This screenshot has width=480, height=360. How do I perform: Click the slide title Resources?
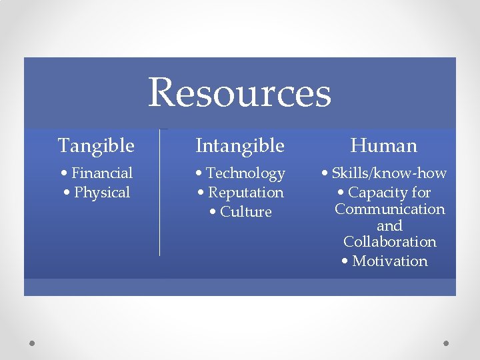click(x=239, y=93)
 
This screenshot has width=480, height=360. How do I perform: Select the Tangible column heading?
click(x=96, y=145)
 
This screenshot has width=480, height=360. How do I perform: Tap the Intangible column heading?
click(x=240, y=145)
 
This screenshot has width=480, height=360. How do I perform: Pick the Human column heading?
click(x=384, y=145)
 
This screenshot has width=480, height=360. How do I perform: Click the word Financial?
click(x=102, y=173)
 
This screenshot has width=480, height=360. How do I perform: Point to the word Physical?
click(x=102, y=193)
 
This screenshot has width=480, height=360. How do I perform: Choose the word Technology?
click(x=245, y=173)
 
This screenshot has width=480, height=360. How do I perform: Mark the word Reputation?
click(x=246, y=193)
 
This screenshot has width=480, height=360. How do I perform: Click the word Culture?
click(x=246, y=212)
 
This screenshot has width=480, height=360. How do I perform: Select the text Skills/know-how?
click(x=389, y=173)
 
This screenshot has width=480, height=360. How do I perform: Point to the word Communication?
click(x=390, y=209)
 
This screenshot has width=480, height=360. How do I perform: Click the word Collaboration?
click(x=390, y=242)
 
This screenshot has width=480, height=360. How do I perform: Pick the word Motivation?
click(x=390, y=261)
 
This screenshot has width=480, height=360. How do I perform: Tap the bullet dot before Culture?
click(x=212, y=213)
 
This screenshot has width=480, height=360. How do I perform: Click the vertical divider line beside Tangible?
click(x=160, y=193)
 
